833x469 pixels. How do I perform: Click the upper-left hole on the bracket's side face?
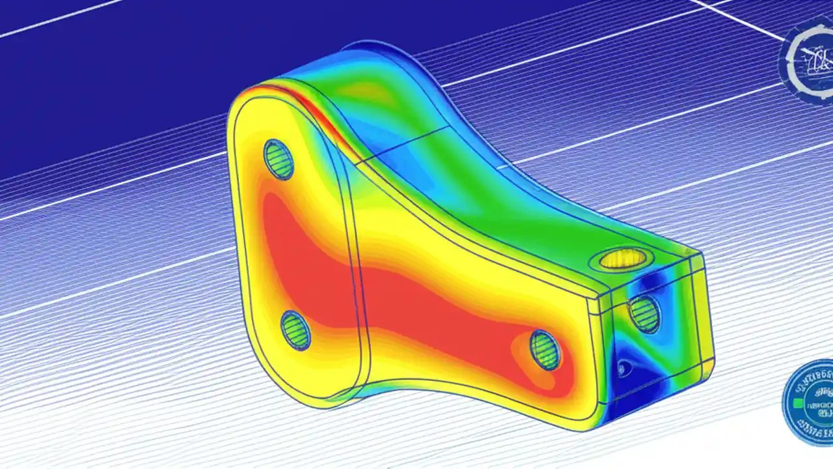(279, 159)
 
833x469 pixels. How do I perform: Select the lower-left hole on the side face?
(295, 330)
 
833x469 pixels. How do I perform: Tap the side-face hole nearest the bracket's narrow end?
(544, 350)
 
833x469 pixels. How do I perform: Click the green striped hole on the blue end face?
(644, 313)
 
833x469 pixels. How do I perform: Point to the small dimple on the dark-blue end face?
(623, 369)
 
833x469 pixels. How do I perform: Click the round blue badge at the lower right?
(808, 403)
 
